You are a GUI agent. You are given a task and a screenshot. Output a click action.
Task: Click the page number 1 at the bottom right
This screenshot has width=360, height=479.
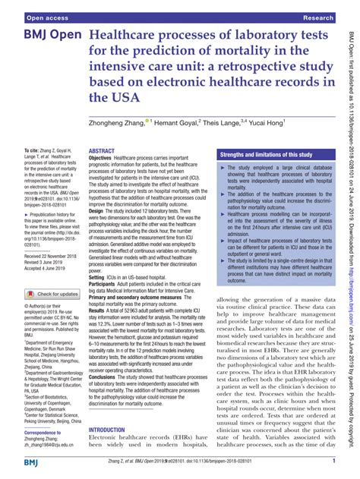[333, 463]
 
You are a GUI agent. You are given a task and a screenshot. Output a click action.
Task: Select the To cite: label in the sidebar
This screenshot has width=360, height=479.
[35, 152]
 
